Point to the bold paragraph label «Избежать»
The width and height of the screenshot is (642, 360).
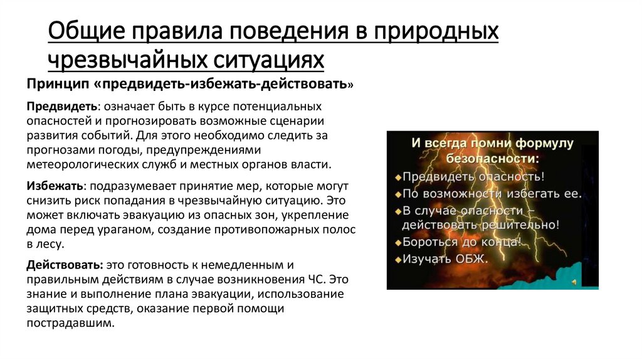pos(54,186)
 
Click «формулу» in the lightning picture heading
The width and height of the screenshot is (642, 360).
pos(544,143)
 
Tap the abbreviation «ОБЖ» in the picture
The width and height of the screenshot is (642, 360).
pos(470,258)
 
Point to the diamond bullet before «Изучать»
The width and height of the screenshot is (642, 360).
pos(397,258)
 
